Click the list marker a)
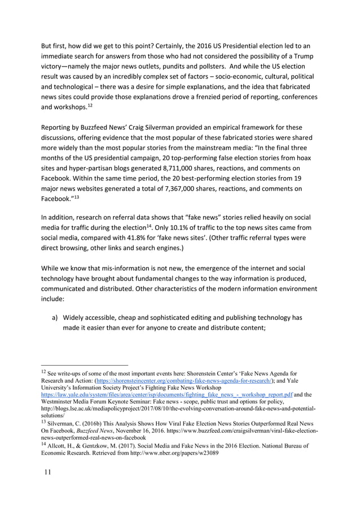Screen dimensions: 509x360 (x=56, y=317)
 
